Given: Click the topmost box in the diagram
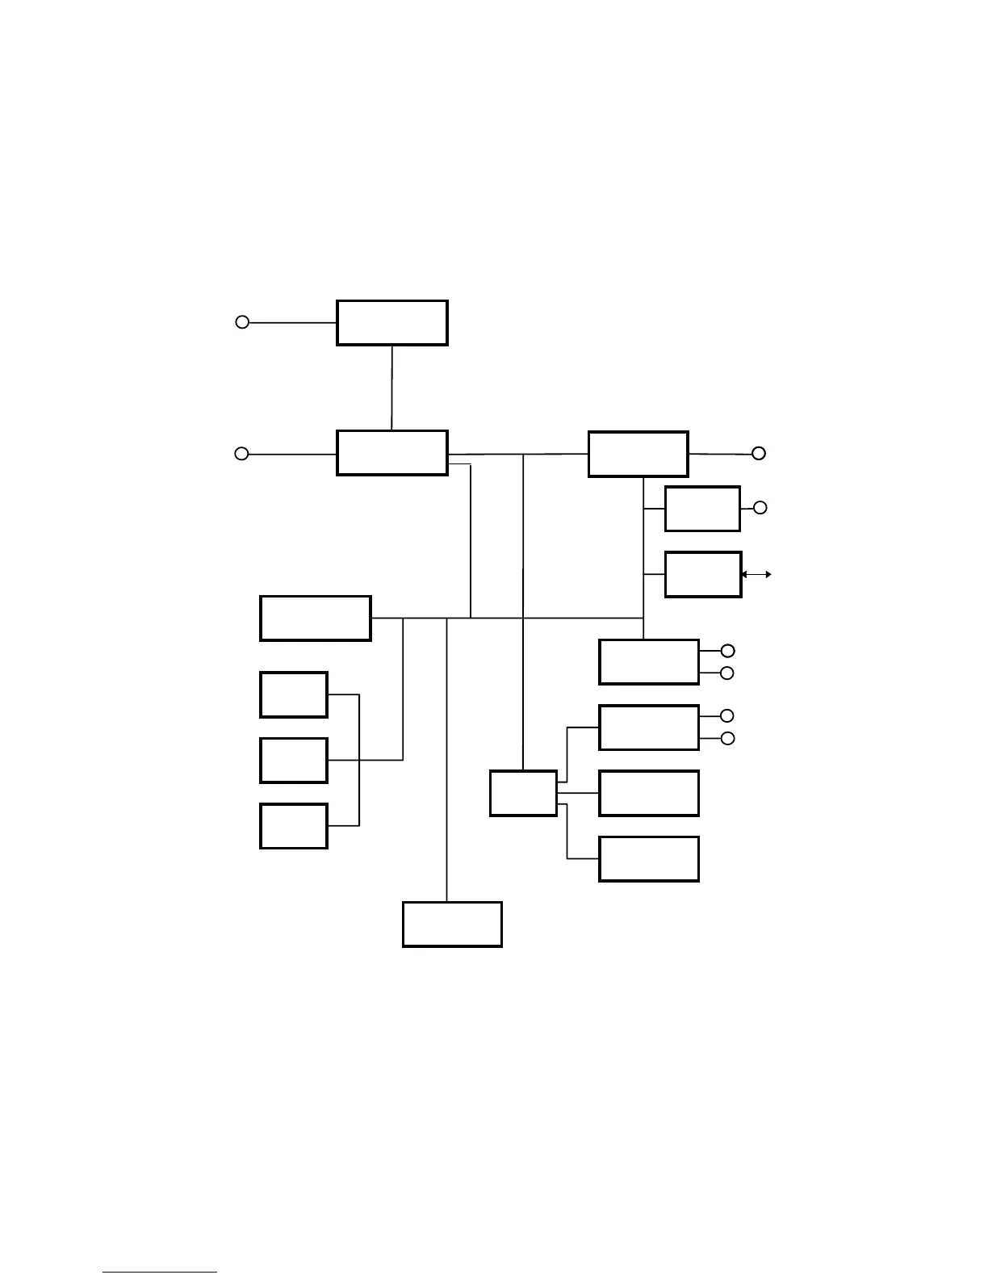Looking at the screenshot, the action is coord(391,323).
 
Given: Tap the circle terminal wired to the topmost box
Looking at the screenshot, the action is coord(241,322).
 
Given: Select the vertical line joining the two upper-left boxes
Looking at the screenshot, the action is coord(391,388).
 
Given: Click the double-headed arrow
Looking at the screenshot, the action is coord(756,574).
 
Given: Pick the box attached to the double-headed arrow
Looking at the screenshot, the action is coord(702,574).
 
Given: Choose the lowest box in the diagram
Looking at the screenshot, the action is coord(452,924).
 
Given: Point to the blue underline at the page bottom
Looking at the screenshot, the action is coord(160,1272).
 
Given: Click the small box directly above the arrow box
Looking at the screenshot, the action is coord(702,509).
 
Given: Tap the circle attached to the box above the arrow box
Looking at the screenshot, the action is coord(760,508).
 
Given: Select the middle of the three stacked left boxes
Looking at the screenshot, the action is coord(293,760).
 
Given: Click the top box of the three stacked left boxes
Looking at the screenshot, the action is coord(293,694).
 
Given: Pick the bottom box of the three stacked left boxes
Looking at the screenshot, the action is coord(293,826).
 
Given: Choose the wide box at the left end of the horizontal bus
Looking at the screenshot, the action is coord(315,619).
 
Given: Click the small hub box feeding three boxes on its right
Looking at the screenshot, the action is coord(523,793).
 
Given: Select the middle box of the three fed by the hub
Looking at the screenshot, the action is coord(648,793).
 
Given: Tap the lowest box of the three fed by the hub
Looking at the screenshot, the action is coord(648,858).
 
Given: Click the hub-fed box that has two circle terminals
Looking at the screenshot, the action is coord(648,728).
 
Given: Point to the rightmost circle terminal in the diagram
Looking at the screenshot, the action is coord(759,454).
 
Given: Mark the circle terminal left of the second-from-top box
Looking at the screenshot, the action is coord(241,454).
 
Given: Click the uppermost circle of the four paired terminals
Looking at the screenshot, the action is coord(727,651).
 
